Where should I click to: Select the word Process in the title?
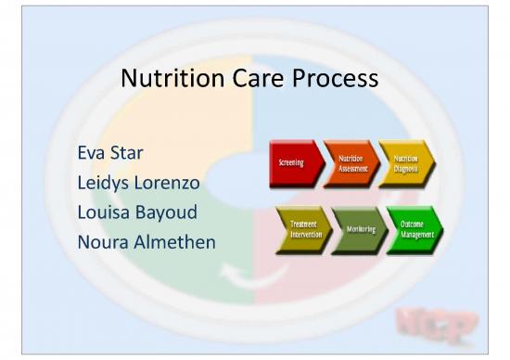(x=338, y=80)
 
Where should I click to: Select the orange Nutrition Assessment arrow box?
(x=351, y=164)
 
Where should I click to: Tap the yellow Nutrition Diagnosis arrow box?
(x=406, y=164)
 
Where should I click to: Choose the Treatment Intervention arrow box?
(x=301, y=230)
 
